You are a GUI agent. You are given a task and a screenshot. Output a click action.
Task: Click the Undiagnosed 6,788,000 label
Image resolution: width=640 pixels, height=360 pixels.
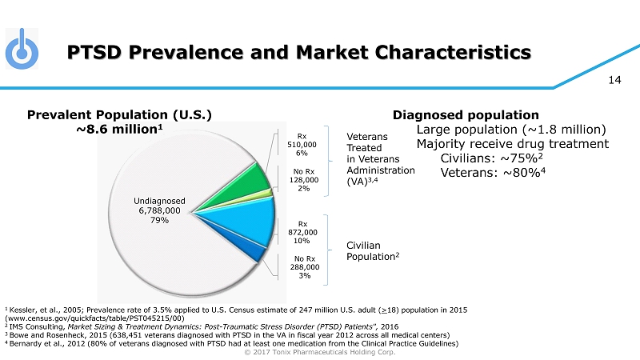point(159,210)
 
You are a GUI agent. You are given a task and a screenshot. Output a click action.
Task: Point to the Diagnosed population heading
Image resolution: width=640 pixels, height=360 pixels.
point(466,114)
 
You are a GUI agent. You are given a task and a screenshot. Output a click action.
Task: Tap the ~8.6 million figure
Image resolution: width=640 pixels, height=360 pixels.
point(120,130)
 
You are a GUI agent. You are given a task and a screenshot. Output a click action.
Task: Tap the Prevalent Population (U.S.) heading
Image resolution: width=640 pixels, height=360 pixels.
point(120,114)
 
